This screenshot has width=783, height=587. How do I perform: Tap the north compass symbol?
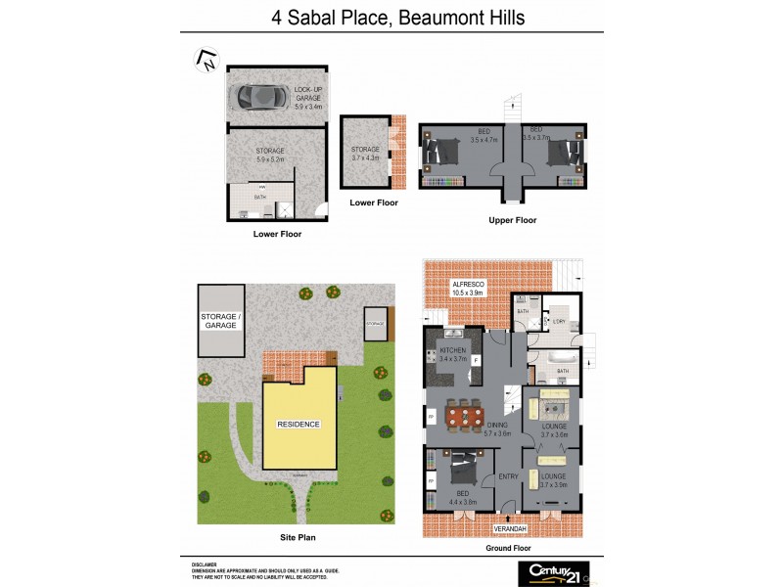[x=207, y=60]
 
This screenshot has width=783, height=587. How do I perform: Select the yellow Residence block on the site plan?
[x=299, y=424]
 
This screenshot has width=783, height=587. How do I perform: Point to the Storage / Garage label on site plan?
[x=219, y=320]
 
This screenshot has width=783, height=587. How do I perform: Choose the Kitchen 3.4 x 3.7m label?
[x=453, y=354]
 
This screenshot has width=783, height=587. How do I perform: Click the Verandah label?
[x=510, y=529]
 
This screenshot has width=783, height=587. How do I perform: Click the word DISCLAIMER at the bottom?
[x=204, y=564]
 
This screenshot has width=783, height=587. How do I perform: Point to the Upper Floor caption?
[x=513, y=220]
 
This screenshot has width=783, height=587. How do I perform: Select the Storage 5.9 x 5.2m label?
[x=270, y=154]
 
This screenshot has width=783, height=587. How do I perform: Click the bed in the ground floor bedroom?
[x=464, y=474]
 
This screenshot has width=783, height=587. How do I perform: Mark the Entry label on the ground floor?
[x=509, y=476]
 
